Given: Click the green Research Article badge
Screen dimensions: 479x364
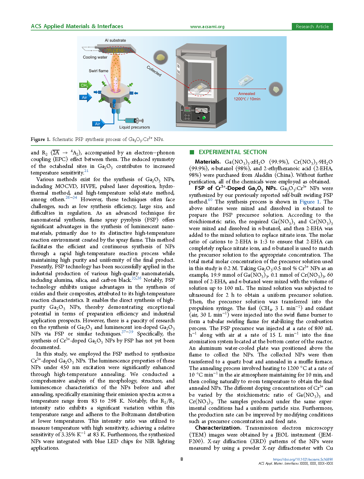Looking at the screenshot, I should (x=312, y=27).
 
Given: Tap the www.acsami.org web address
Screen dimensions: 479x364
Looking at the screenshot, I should (x=207, y=27).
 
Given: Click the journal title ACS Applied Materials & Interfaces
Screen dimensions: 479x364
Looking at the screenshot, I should (x=77, y=26).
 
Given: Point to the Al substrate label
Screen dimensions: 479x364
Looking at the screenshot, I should (x=115, y=40).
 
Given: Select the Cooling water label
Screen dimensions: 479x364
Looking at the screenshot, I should (x=95, y=57).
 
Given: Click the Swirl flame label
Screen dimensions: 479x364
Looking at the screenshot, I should (x=98, y=71).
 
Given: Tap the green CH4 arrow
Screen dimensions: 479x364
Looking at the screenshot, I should (x=85, y=85).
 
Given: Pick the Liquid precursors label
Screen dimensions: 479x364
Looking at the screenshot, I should (x=135, y=127).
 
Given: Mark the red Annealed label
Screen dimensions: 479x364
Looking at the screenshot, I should (x=246, y=94).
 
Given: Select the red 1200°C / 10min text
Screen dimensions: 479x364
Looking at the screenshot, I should (x=247, y=99).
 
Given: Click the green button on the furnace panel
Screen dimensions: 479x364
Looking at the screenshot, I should (x=204, y=118).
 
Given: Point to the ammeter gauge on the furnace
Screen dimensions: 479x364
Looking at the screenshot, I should (x=201, y=110).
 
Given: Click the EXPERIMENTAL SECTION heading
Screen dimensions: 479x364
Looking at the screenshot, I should (x=233, y=152).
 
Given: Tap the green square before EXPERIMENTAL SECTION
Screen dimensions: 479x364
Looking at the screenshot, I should (x=192, y=152).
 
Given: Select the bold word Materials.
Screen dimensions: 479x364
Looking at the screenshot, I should (x=208, y=162).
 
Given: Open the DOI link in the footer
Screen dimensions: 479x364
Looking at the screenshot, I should (x=303, y=459).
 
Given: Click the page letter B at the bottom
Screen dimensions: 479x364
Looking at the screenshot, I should (x=182, y=459).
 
